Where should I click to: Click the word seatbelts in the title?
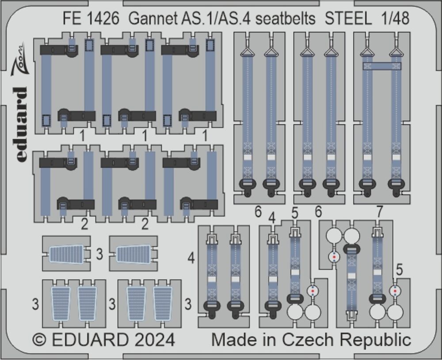pos(285,19)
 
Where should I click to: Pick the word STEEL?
pos(347,19)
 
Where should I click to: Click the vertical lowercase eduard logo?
pos(21,124)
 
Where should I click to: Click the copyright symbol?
pos(39,340)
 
